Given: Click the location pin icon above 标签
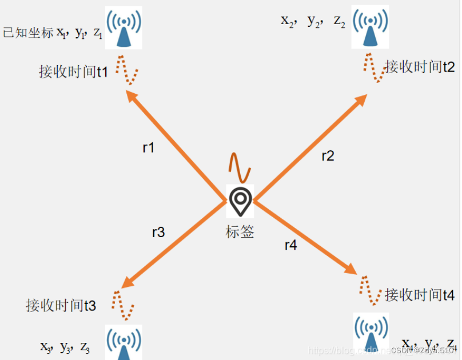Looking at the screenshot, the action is point(240,201).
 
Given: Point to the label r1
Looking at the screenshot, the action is point(149,147).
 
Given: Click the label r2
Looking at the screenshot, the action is point(328,156).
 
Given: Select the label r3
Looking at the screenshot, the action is point(158,232).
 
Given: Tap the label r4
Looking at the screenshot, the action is point(291,245).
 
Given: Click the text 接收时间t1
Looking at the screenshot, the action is point(73,72).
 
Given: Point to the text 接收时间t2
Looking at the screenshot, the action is point(420,67).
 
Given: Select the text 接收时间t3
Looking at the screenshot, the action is point(61,305).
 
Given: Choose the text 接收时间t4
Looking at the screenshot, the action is point(420,295).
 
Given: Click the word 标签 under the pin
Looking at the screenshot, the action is point(240,232).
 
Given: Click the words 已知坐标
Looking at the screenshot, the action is point(29,33).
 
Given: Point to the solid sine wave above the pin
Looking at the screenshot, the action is point(240,166).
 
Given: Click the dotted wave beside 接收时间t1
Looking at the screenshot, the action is point(128,70).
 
